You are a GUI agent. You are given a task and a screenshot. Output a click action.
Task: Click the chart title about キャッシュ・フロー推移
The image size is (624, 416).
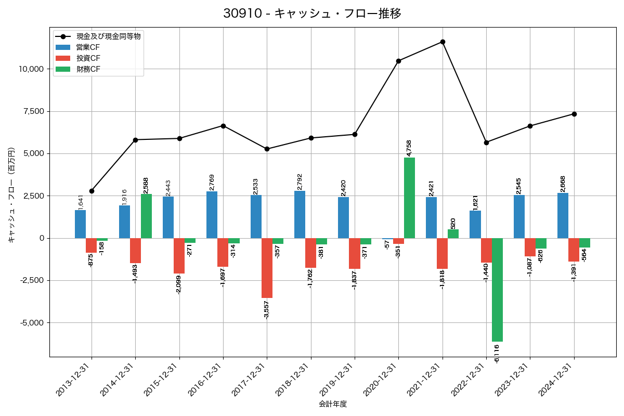[x=312, y=14]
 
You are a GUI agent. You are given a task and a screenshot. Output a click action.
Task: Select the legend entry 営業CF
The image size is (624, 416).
[x=87, y=47]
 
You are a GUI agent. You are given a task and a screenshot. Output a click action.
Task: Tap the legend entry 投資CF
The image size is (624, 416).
[x=87, y=58]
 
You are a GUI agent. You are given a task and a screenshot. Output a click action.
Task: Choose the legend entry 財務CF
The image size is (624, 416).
[x=87, y=69]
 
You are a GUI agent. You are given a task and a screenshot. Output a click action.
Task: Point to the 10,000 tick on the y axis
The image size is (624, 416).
[x=32, y=69]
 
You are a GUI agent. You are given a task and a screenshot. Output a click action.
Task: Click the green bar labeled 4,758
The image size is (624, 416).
[x=409, y=198]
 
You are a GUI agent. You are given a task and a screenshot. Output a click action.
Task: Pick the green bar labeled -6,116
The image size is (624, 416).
[x=497, y=290]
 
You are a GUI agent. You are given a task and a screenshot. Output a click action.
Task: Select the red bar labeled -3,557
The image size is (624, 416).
[x=267, y=268]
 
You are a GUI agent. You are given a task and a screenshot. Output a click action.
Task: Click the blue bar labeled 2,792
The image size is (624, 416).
[x=300, y=214]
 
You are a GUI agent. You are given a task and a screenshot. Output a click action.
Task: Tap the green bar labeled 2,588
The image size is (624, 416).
[x=146, y=216]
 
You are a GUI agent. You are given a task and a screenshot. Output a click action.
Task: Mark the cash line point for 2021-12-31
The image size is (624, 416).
[x=443, y=42]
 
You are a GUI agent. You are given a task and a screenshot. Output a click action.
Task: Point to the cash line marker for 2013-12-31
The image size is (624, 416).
[x=92, y=191]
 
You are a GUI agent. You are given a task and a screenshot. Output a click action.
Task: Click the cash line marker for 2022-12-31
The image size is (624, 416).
[x=486, y=142]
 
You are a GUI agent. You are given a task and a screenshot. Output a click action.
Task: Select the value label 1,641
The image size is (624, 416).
[x=81, y=202]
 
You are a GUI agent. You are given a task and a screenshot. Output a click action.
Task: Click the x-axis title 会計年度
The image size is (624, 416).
[x=333, y=404]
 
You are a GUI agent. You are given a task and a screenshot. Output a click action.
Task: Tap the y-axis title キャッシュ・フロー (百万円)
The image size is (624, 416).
[x=11, y=196]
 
